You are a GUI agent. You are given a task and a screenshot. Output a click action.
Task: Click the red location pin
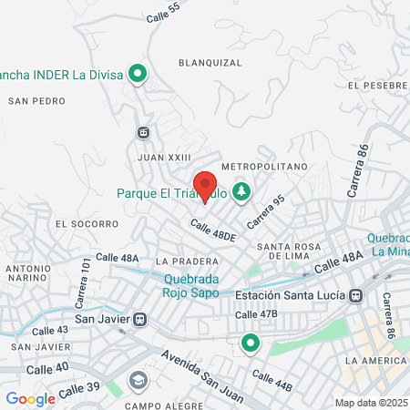pyautogui.click(x=205, y=184)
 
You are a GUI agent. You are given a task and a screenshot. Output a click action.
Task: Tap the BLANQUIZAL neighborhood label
pyautogui.click(x=210, y=63)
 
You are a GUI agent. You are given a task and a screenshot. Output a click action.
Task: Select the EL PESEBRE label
pyautogui.click(x=376, y=85)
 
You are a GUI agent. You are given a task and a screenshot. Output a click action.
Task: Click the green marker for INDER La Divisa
pyautogui.click(x=138, y=73)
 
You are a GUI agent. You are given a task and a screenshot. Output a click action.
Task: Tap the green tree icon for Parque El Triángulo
pyautogui.click(x=241, y=192)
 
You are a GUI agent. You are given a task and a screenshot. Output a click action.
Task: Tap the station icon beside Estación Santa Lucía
pyautogui.click(x=356, y=295)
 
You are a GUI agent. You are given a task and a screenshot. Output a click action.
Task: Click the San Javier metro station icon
pyautogui.click(x=139, y=319)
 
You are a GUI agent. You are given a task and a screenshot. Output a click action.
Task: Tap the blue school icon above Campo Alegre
pyautogui.click(x=138, y=380)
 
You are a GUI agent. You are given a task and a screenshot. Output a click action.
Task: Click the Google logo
pyautogui.click(x=30, y=398)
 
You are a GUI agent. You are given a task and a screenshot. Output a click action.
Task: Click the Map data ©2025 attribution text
pyautogui.click(x=371, y=403)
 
